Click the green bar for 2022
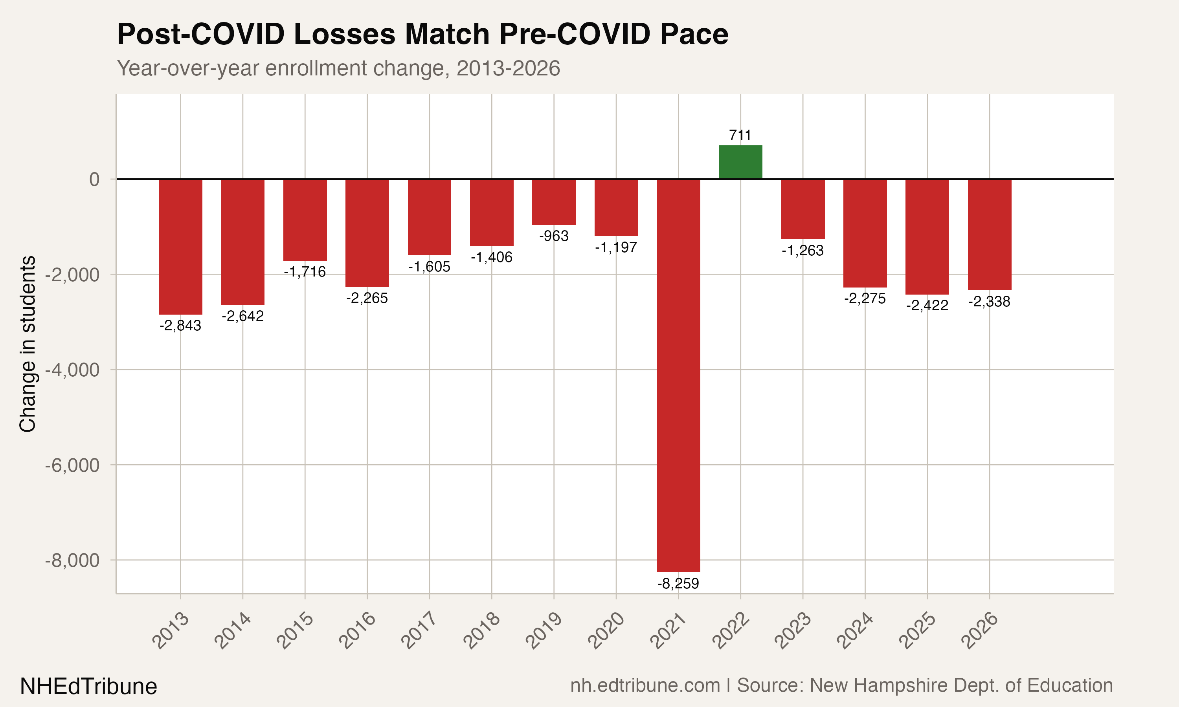tap(740, 162)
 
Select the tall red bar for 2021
tap(678, 375)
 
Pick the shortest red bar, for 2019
tap(554, 202)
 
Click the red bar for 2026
tap(989, 234)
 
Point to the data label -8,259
tap(678, 584)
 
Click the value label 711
tap(740, 135)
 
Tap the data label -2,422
tap(927, 305)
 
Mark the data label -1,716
tap(305, 272)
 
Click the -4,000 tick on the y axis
tap(72, 370)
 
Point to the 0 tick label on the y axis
tap(94, 179)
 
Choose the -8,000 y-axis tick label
tap(72, 560)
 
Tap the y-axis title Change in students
tap(28, 344)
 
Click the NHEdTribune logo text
tap(89, 687)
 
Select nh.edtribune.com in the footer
tap(645, 685)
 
